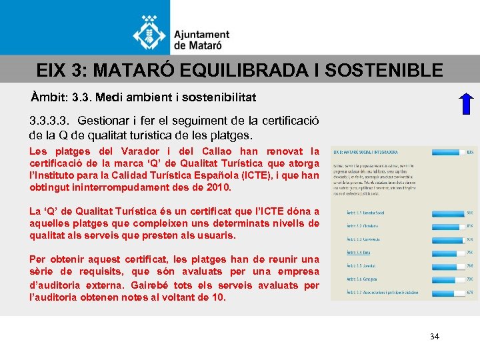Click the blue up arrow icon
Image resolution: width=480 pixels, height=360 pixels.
pos(467,106)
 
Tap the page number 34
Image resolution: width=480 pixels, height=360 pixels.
pos(435,337)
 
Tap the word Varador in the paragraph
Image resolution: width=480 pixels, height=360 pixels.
pos(127,152)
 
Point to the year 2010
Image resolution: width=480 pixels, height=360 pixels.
pos(219,188)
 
